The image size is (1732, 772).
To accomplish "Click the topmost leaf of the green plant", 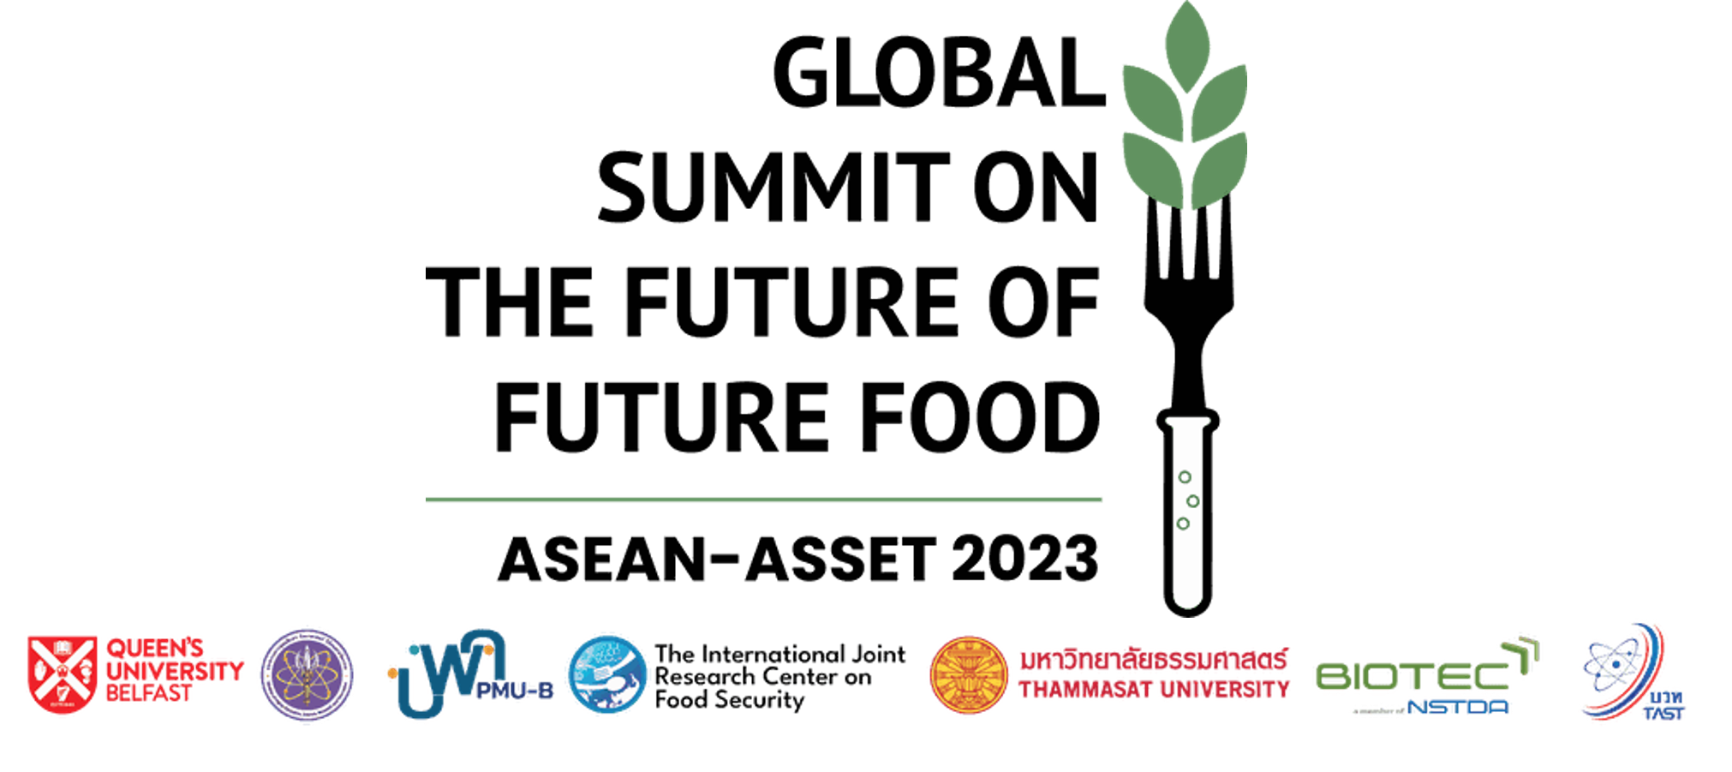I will (x=1186, y=43).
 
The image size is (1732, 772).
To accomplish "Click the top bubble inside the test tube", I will (x=1185, y=477).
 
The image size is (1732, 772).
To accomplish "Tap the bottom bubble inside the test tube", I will (x=1183, y=524).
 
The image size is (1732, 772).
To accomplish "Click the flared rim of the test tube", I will (x=1187, y=422).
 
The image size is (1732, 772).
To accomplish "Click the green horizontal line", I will (x=763, y=500).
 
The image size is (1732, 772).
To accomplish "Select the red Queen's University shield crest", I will (x=61, y=674).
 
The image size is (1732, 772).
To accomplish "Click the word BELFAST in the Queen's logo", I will (x=148, y=693).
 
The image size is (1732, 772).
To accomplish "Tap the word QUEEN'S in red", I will (x=154, y=648).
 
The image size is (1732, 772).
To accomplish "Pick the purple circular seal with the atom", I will (x=307, y=675).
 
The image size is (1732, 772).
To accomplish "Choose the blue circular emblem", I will (x=607, y=674).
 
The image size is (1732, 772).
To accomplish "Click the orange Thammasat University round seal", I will (x=969, y=674).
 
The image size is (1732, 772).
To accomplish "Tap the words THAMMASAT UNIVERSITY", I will (x=1154, y=690).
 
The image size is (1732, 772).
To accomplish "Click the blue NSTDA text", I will (x=1459, y=708).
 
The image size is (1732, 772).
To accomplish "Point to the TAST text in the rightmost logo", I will (x=1664, y=713).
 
